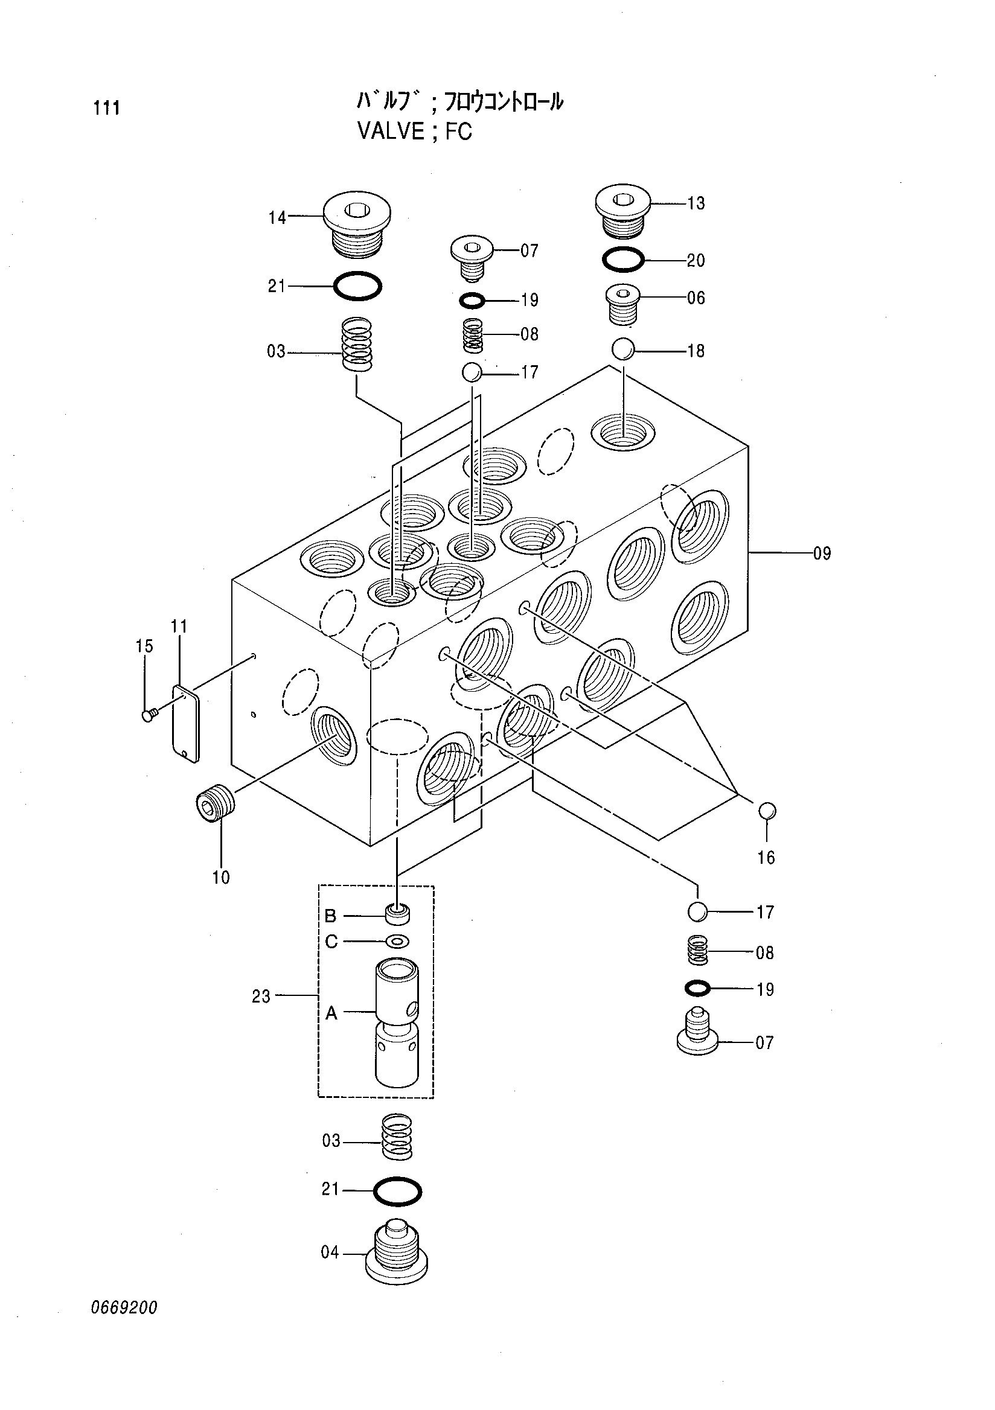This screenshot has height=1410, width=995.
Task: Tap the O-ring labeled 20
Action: tap(623, 260)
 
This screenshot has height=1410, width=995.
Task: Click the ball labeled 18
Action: tap(622, 350)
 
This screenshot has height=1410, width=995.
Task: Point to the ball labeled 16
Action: tap(768, 811)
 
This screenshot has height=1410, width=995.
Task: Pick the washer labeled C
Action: tap(397, 941)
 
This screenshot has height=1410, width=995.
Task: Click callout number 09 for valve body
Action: tap(822, 553)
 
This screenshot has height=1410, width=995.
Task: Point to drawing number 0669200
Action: tap(124, 1325)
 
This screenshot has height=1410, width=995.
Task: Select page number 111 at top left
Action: tap(106, 108)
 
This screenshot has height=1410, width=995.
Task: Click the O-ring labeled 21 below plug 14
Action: tap(357, 286)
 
